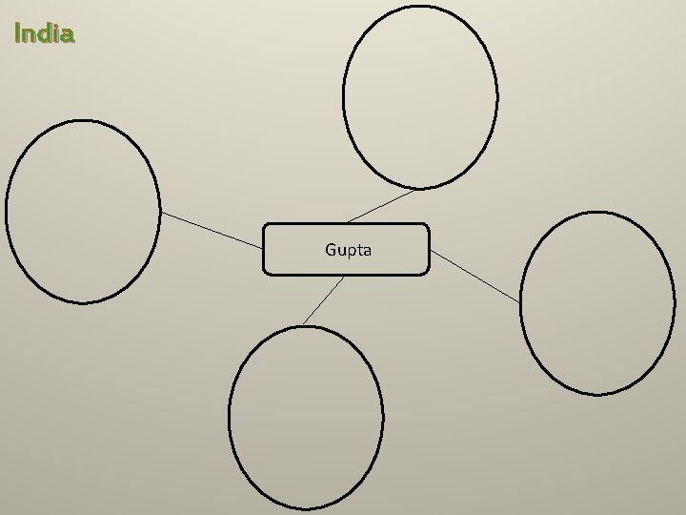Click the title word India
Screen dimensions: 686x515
[x=45, y=34]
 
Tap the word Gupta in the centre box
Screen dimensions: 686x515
[x=348, y=250]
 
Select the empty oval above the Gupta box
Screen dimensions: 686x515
[x=420, y=96]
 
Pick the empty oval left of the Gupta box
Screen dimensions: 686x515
[x=83, y=212]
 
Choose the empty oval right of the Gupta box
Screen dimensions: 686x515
[x=597, y=303]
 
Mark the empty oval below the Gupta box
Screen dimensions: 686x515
[x=306, y=417]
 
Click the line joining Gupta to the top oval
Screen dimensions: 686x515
[x=381, y=206]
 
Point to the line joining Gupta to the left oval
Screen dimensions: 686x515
[x=212, y=231]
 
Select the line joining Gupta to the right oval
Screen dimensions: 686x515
[x=475, y=277]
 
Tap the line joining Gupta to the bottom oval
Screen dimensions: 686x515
[x=324, y=300]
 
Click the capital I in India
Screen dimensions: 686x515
[x=18, y=34]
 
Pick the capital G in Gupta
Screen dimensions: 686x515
[x=331, y=250]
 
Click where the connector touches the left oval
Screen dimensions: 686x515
[x=160, y=212]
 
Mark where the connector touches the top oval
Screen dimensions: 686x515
[x=416, y=189]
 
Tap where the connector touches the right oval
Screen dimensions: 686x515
[x=521, y=303]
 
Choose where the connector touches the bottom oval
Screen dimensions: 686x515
[x=304, y=326]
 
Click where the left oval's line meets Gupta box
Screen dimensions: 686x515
[x=263, y=250]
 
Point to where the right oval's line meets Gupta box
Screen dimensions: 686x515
[x=430, y=250]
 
